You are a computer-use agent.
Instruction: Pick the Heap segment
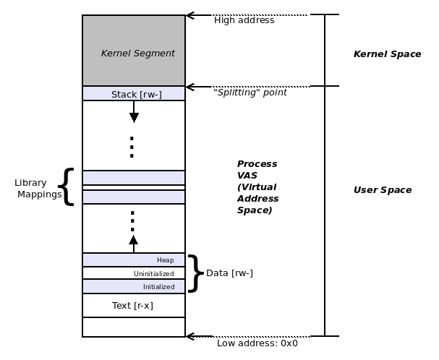coord(134,260)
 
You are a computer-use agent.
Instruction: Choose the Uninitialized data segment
coord(134,273)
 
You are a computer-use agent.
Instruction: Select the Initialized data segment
coord(134,286)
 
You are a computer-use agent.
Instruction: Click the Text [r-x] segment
coord(133,305)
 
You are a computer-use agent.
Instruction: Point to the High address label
coord(244,20)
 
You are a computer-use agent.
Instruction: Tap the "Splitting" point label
coord(250,93)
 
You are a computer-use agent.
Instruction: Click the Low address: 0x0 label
coord(257,343)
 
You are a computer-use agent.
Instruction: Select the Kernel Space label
coord(387,54)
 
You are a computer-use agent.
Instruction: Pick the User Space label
coord(382,190)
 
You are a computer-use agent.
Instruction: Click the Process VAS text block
coord(257,187)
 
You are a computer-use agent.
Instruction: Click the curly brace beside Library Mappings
coord(67,187)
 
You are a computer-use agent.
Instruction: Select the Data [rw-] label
coord(229,273)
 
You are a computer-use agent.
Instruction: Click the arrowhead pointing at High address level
coord(190,14)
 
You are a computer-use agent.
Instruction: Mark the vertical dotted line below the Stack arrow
coord(132,146)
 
